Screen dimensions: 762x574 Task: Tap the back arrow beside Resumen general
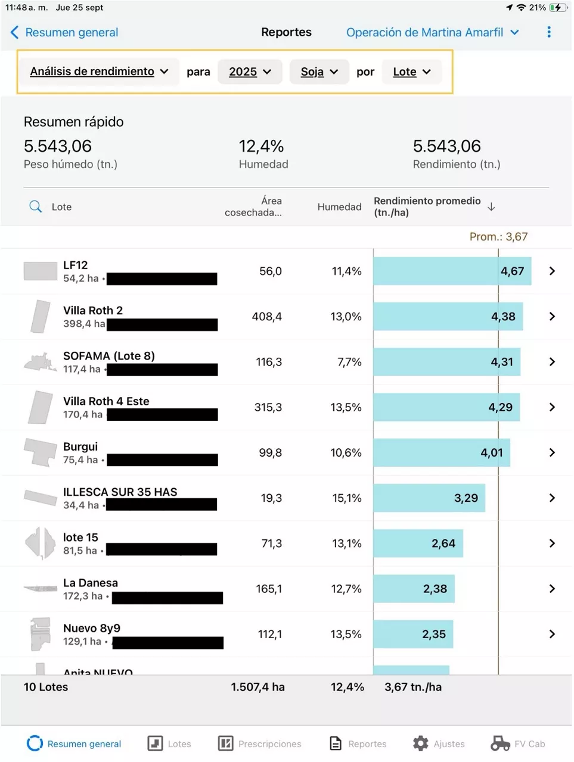click(15, 32)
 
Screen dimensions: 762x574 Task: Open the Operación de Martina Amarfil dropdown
click(432, 32)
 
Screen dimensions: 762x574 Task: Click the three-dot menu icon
click(548, 32)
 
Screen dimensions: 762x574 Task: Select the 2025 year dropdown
click(250, 71)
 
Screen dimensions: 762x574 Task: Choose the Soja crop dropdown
click(319, 71)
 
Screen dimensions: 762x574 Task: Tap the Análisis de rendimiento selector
click(98, 71)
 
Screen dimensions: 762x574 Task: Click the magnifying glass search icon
click(36, 207)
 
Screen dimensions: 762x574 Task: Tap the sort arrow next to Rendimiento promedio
click(491, 207)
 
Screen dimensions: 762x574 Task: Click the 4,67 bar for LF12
click(452, 271)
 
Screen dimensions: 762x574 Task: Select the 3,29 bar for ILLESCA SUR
click(429, 498)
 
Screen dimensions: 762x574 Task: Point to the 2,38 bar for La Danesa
click(414, 589)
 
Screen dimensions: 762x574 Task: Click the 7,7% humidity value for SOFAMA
click(349, 362)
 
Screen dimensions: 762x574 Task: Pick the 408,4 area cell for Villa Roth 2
click(266, 317)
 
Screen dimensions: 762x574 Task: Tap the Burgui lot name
click(80, 446)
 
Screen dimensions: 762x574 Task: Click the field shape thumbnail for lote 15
click(41, 543)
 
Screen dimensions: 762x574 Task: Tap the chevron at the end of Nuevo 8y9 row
click(552, 634)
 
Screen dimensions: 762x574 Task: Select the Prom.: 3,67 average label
click(498, 236)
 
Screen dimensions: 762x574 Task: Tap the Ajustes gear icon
click(421, 743)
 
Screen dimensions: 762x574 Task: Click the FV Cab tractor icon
click(500, 743)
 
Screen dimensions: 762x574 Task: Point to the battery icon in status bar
click(557, 8)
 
